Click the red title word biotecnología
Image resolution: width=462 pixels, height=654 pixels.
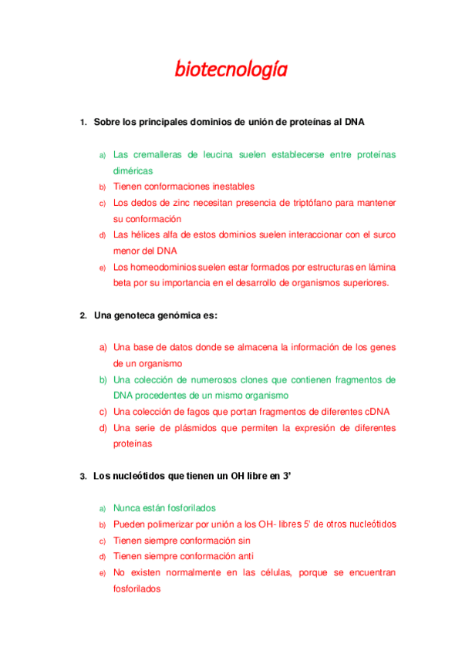[x=231, y=70]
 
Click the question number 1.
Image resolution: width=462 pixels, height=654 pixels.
[x=83, y=123]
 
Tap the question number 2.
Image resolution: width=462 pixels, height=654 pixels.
[x=83, y=316]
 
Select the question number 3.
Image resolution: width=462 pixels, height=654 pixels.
[x=83, y=477]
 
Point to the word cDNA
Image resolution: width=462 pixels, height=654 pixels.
[x=381, y=411]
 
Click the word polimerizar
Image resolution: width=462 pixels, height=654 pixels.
[x=170, y=524]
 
